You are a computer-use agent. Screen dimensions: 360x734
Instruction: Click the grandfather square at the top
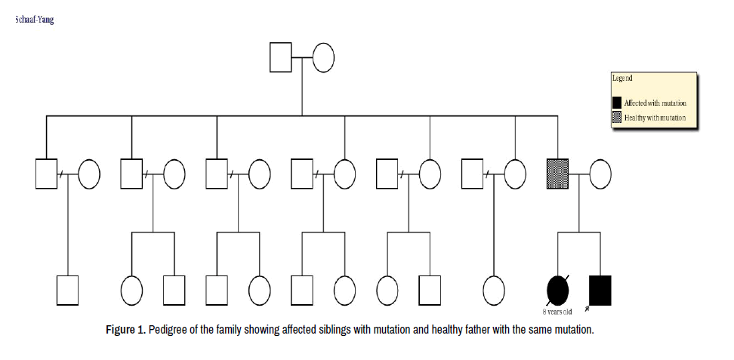281,58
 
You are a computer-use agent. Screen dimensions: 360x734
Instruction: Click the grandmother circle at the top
323,58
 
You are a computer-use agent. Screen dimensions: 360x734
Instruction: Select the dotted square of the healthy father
557,174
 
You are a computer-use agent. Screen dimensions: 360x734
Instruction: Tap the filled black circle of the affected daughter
557,289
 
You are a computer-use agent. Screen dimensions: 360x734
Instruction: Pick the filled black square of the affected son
600,289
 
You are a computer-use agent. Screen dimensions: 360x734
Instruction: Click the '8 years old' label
557,311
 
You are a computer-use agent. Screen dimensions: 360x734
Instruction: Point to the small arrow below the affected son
587,309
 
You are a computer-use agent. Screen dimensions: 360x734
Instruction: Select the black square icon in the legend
617,102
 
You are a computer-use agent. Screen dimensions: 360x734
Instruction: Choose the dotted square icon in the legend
617,118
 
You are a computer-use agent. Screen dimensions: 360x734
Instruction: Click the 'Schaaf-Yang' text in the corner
34,19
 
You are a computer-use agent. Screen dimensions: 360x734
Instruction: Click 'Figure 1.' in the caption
125,331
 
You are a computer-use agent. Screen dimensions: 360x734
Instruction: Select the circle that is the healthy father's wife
600,174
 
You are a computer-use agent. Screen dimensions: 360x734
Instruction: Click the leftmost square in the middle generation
47,174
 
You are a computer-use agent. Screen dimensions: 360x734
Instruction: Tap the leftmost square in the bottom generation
68,289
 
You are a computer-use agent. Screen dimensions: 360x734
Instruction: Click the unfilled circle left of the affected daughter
494,289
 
